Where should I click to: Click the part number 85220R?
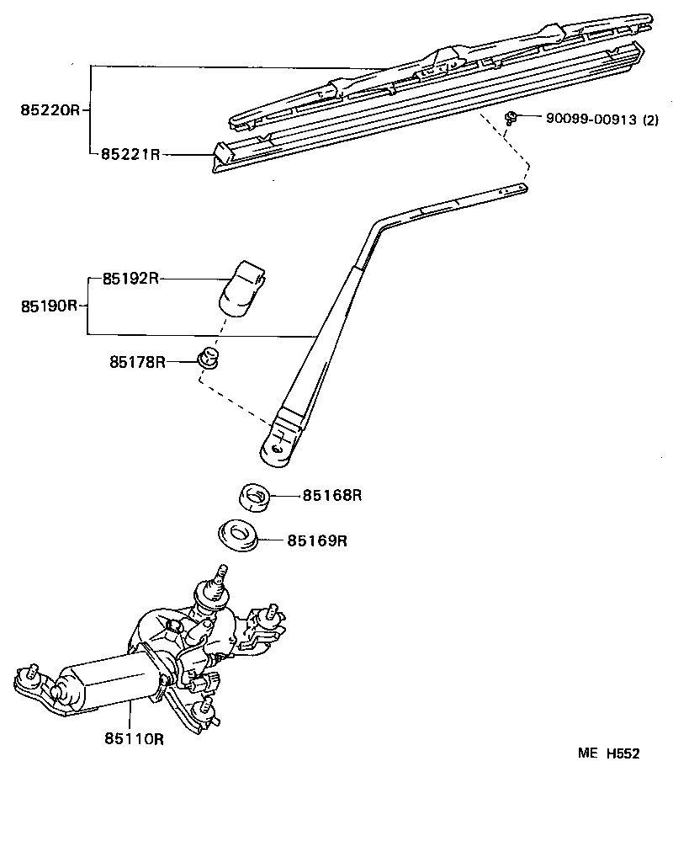click(x=50, y=110)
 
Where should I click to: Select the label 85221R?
click(x=130, y=154)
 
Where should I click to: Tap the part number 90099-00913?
click(x=591, y=120)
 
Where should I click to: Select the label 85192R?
click(x=130, y=279)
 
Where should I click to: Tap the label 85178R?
click(x=136, y=362)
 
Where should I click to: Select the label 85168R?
click(x=332, y=496)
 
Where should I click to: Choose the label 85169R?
click(x=316, y=540)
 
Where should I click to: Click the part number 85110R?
click(x=133, y=739)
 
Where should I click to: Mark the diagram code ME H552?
click(x=608, y=753)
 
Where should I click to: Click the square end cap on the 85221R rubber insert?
click(x=224, y=152)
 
